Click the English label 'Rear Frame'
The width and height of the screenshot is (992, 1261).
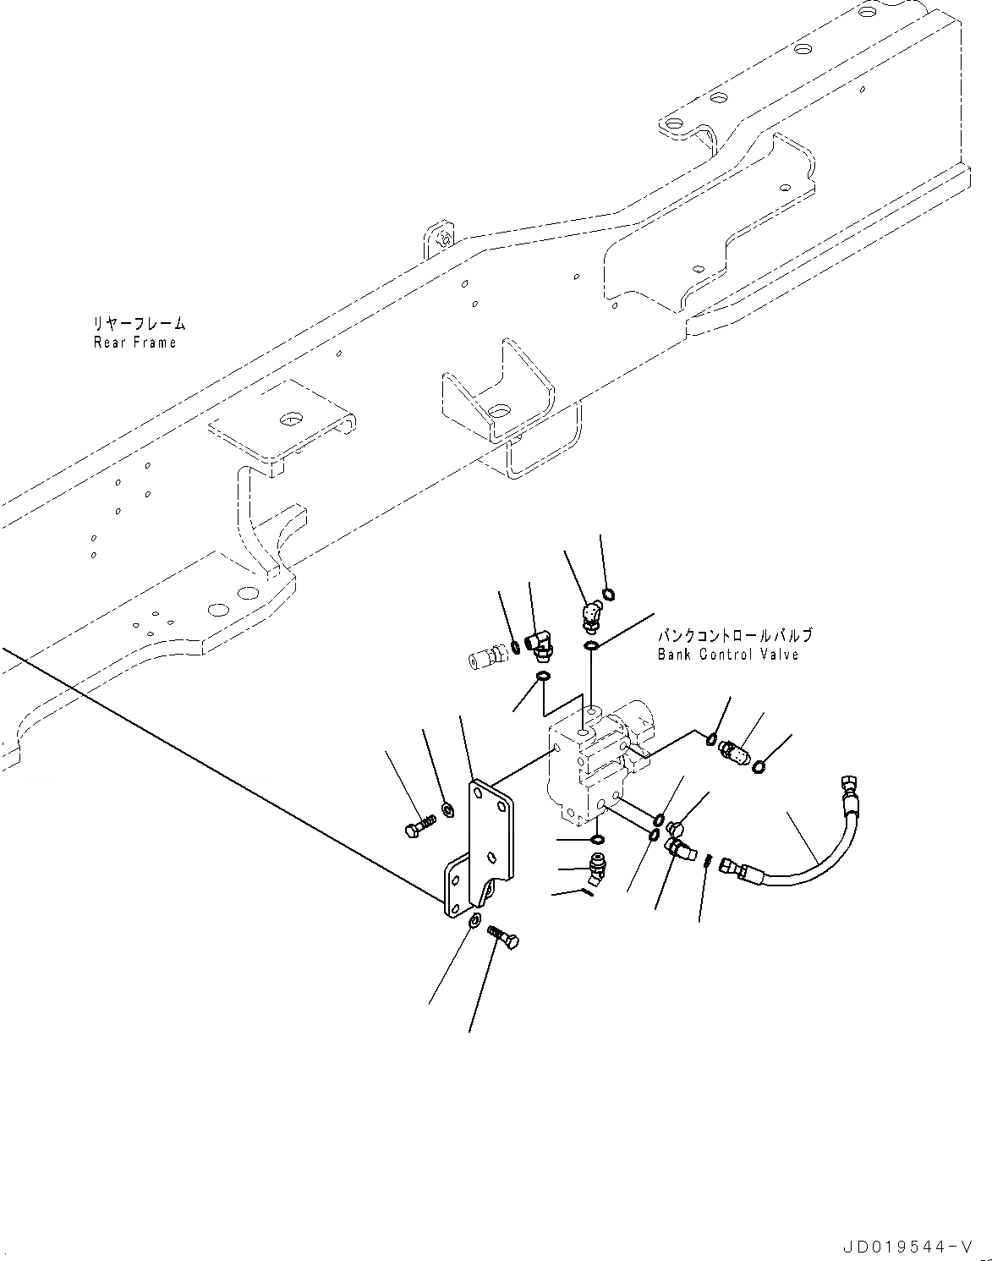[135, 343]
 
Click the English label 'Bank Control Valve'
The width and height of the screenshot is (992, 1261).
[728, 655]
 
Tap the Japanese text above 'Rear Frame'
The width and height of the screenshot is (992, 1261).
[140, 324]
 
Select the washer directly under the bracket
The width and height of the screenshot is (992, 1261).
[474, 920]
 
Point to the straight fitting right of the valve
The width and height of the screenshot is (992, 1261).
[733, 750]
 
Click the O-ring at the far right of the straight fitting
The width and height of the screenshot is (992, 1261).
[759, 766]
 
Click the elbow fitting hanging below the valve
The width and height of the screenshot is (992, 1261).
[598, 867]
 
